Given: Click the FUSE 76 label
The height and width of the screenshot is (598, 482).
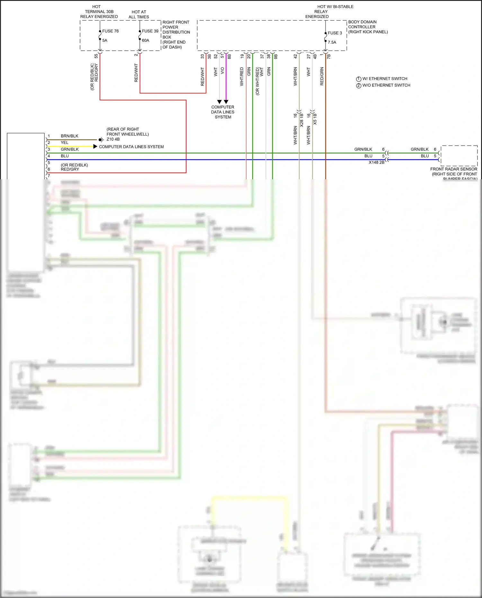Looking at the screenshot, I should click(x=110, y=31).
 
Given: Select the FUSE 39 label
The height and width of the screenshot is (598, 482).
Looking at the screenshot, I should click(x=150, y=31).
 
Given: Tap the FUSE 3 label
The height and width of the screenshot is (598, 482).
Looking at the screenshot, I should click(x=335, y=33).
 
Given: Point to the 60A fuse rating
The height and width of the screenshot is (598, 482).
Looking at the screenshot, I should click(x=146, y=40).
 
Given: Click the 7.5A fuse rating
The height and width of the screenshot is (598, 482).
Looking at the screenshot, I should click(x=332, y=42).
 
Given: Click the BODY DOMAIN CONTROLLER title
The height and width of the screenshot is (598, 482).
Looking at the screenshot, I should click(x=362, y=24).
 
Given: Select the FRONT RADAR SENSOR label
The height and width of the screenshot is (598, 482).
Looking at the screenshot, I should click(x=453, y=169).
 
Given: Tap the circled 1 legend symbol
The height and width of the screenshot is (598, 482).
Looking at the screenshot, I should click(x=359, y=79).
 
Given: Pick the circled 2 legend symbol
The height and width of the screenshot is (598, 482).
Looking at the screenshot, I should click(x=359, y=85).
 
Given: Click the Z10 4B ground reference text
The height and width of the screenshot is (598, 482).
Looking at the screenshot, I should click(x=113, y=139).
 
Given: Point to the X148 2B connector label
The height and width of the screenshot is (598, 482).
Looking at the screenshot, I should click(x=376, y=163).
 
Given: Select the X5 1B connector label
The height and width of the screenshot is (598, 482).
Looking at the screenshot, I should click(x=315, y=119).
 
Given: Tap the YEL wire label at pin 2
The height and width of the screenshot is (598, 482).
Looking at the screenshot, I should click(x=65, y=143).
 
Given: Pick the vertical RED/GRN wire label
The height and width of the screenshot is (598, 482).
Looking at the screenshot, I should click(x=322, y=76).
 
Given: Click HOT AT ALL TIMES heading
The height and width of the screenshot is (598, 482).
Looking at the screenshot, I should click(x=139, y=14).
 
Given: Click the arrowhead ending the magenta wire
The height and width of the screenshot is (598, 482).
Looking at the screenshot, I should click(x=226, y=102).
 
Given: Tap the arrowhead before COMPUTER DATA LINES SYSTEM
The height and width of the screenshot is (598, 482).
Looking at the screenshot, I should click(x=95, y=147).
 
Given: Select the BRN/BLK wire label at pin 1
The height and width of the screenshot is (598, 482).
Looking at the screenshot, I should click(x=69, y=136).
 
